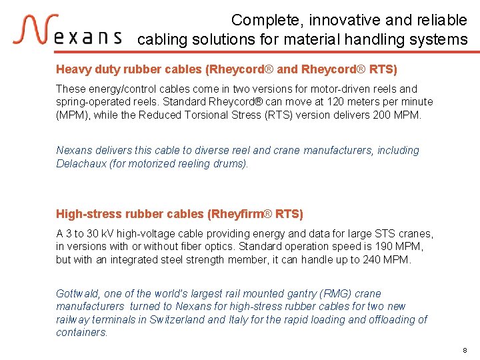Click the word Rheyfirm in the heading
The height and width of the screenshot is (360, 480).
click(x=234, y=214)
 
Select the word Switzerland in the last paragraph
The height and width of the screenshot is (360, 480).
click(x=174, y=319)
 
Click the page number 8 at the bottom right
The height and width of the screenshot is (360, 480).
click(x=465, y=350)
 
